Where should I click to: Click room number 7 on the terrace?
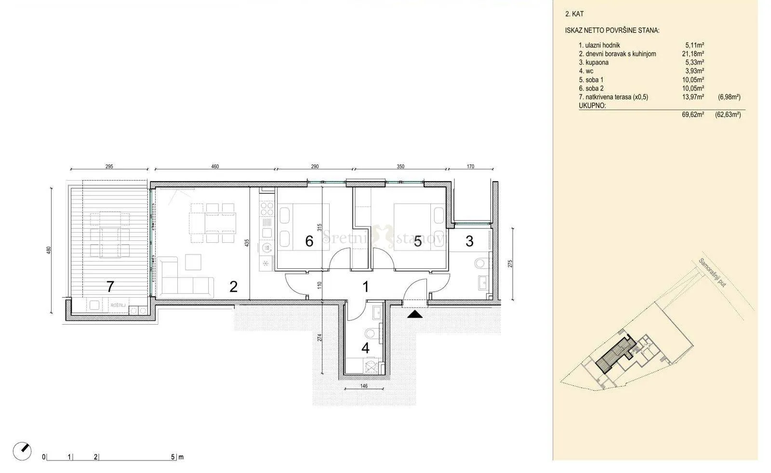pos(110,287)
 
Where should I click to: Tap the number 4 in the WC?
pos(366,348)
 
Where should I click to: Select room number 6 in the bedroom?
pos(309,241)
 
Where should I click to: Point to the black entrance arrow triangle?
pos(415,314)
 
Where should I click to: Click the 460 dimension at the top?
pos(215,167)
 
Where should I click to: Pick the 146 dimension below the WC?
pos(364,386)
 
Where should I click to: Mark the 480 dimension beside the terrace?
pos(49,250)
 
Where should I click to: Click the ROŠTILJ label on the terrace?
pos(118,305)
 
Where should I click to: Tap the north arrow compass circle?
pos(22,451)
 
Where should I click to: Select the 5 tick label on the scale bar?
pos(173,457)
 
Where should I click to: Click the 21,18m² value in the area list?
pos(693,53)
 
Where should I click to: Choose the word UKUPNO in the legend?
pos(592,105)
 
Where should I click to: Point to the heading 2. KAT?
pos(574,14)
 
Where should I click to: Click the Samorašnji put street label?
pos(712,273)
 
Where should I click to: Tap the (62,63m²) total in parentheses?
pos(728,115)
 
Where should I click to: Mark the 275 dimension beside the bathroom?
pos(510,263)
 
